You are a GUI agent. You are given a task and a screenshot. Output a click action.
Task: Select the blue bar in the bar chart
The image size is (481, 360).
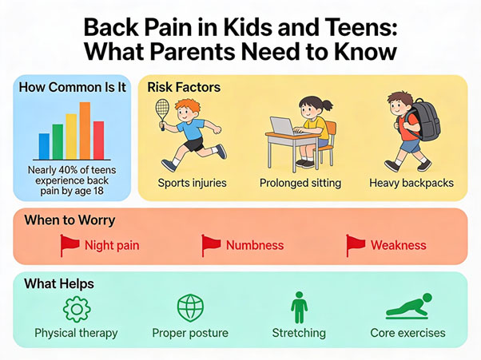[x=45, y=146]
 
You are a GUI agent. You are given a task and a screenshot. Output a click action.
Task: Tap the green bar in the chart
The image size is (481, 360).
[x=58, y=142]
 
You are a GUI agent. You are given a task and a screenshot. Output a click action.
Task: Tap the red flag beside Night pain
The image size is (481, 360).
[x=70, y=245]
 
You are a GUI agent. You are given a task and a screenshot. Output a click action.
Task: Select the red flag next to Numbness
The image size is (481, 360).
[x=211, y=245]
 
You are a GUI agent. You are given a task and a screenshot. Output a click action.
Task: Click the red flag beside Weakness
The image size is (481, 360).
[x=356, y=245]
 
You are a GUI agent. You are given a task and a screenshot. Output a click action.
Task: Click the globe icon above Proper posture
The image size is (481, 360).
[x=190, y=307]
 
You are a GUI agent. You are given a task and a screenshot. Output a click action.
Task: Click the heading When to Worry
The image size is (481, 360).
[x=70, y=220]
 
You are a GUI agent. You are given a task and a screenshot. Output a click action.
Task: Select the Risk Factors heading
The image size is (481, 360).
[x=184, y=86]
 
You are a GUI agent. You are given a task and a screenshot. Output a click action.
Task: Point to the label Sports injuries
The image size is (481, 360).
[x=192, y=183]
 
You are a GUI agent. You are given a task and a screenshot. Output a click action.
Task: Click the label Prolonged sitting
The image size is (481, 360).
[x=300, y=183]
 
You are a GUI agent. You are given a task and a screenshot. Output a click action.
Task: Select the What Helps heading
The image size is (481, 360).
[x=59, y=283]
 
